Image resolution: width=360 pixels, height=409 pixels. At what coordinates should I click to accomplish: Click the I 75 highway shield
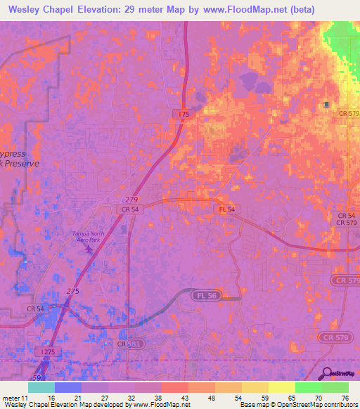click(183, 113)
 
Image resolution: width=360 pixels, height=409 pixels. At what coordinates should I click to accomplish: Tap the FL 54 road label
click(226, 210)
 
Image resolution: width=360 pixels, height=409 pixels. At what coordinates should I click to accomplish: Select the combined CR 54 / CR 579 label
click(345, 219)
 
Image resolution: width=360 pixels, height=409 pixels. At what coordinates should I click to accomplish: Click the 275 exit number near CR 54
click(72, 291)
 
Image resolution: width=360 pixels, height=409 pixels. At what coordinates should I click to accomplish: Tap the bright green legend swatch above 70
click(309, 387)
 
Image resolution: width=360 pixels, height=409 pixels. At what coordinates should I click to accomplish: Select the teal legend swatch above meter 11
click(41, 387)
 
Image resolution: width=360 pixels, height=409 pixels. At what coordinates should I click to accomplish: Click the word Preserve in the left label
click(20, 162)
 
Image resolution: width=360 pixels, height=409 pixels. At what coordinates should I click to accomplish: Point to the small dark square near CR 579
click(326, 105)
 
